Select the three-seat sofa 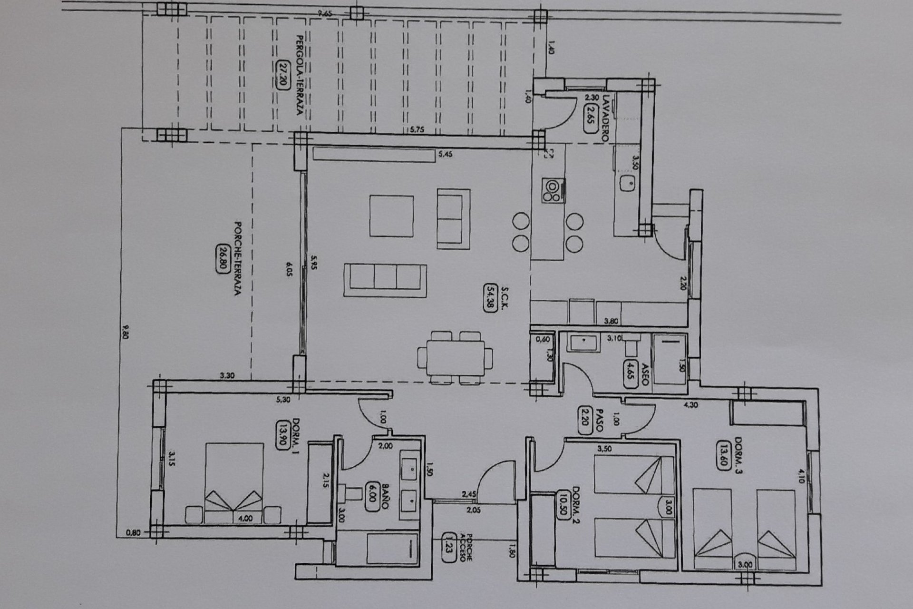(x=385, y=277)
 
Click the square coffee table (x=391, y=216)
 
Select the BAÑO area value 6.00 (x=372, y=497)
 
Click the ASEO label (x=645, y=375)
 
